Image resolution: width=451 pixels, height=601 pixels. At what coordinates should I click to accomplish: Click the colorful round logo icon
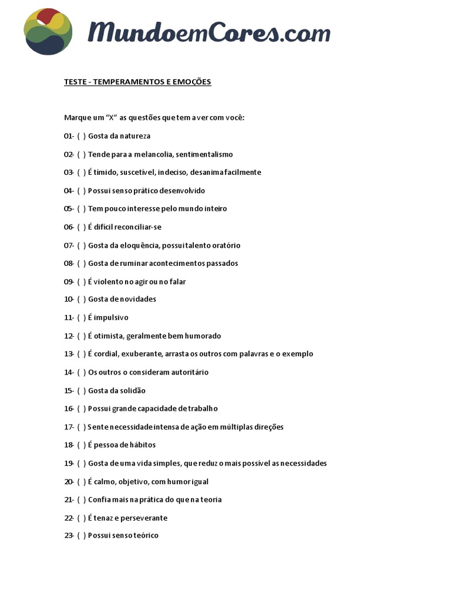pyautogui.click(x=48, y=32)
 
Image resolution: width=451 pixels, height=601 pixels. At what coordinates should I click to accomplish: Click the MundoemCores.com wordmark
pyautogui.click(x=208, y=32)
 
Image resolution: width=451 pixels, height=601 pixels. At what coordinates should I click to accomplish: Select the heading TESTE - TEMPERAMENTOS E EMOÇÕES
pyautogui.click(x=137, y=82)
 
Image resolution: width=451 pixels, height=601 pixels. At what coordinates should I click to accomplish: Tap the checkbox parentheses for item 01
pyautogui.click(x=81, y=136)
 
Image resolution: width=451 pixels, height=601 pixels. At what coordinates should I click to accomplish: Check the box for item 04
pyautogui.click(x=81, y=191)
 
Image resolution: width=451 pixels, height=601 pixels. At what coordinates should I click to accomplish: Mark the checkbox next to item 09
pyautogui.click(x=81, y=282)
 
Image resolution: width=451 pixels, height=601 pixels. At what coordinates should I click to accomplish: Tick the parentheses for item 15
pyautogui.click(x=81, y=391)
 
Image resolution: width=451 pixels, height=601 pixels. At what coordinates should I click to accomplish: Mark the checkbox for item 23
pyautogui.click(x=81, y=535)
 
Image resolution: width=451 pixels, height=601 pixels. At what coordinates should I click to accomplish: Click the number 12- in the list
pyautogui.click(x=69, y=336)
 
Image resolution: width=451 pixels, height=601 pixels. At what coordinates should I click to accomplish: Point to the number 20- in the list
pyautogui.click(x=69, y=482)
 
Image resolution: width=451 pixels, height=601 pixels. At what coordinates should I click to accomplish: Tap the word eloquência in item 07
pyautogui.click(x=140, y=245)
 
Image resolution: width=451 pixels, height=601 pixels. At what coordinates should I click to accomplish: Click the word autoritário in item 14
pyautogui.click(x=189, y=372)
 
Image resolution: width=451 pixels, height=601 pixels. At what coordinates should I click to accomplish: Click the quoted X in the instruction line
pyautogui.click(x=110, y=117)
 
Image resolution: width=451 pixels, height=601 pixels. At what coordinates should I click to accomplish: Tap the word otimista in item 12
pyautogui.click(x=109, y=336)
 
